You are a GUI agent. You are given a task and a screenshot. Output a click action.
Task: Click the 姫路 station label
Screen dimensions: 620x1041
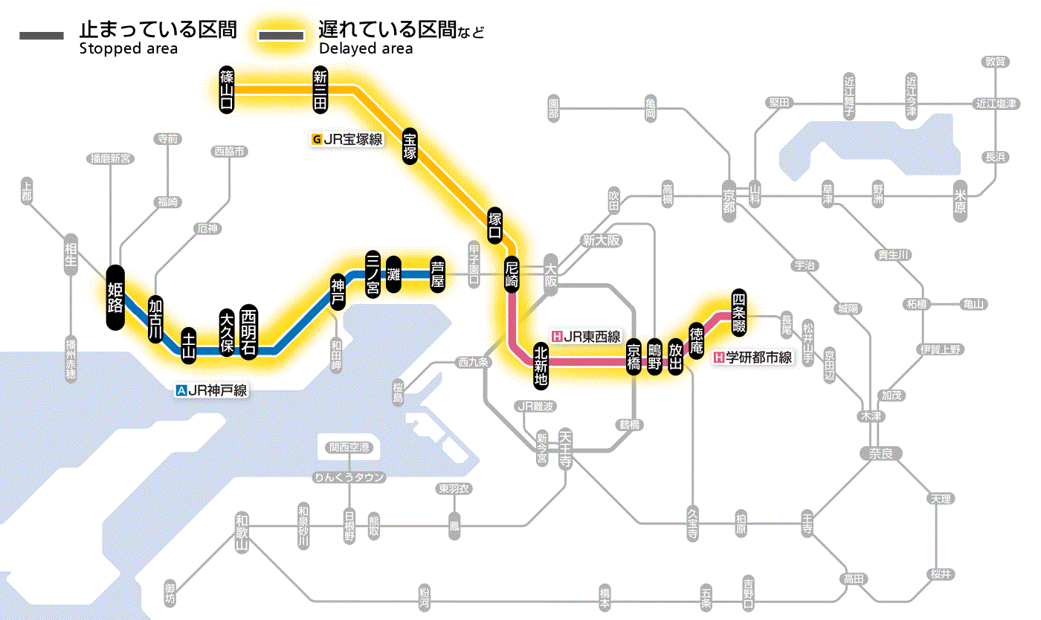[x=115, y=297]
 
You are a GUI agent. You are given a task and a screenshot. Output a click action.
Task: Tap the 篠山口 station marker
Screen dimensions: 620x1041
[x=227, y=89]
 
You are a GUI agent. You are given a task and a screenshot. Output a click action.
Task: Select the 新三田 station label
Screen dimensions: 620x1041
[x=320, y=89]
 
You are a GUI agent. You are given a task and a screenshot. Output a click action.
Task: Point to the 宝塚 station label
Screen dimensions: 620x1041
[x=410, y=146]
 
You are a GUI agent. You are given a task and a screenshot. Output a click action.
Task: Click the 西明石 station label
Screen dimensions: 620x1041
[x=248, y=332]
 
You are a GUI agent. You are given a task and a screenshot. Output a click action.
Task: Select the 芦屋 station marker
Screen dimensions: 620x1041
[x=439, y=274]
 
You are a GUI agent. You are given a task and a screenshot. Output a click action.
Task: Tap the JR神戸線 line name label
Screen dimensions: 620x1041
[x=211, y=390]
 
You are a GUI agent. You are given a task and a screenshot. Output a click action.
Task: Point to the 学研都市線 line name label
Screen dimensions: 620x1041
[x=752, y=358]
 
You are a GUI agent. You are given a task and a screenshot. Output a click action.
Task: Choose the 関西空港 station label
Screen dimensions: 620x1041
[x=349, y=448]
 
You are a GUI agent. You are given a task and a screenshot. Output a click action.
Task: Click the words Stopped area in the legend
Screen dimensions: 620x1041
[x=128, y=49]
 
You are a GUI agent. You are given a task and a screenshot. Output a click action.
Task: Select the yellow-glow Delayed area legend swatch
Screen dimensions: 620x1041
[x=282, y=36]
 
